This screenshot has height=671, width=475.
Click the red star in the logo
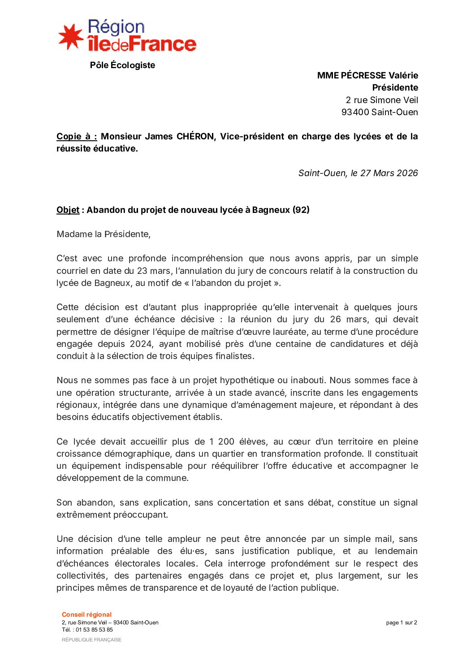70,37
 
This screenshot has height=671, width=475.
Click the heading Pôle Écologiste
122,65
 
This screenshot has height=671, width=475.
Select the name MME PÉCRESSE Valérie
367,75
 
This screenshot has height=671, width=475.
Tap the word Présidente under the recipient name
395,87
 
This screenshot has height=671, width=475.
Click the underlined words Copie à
77,136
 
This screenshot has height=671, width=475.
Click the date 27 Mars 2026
389,173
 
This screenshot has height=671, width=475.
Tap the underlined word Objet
68,210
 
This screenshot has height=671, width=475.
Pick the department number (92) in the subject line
301,210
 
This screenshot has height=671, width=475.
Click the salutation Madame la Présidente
104,234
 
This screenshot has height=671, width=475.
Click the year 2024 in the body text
142,344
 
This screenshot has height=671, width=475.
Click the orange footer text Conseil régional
86,615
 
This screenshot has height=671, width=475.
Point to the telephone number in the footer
94,629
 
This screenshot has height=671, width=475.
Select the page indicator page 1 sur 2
402,623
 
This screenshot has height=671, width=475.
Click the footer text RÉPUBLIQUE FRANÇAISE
91,640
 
